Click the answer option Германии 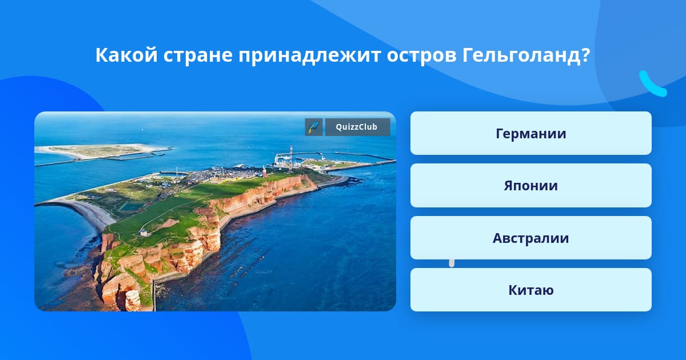[x=531, y=133]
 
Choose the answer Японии [x=531, y=186]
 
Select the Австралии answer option [x=531, y=238]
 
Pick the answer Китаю [x=531, y=290]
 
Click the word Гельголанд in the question [x=526, y=55]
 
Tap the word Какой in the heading [x=126, y=55]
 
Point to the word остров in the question [x=421, y=56]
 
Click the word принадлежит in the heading [x=309, y=56]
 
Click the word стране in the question [x=198, y=56]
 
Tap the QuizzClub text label [x=357, y=127]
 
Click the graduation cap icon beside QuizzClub [x=314, y=127]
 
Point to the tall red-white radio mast [x=290, y=157]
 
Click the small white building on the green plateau [x=144, y=233]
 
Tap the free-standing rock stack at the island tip [x=133, y=300]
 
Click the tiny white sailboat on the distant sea [x=142, y=130]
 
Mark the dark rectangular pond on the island [x=131, y=207]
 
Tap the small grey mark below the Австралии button [x=452, y=263]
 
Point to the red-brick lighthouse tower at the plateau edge [x=264, y=172]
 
